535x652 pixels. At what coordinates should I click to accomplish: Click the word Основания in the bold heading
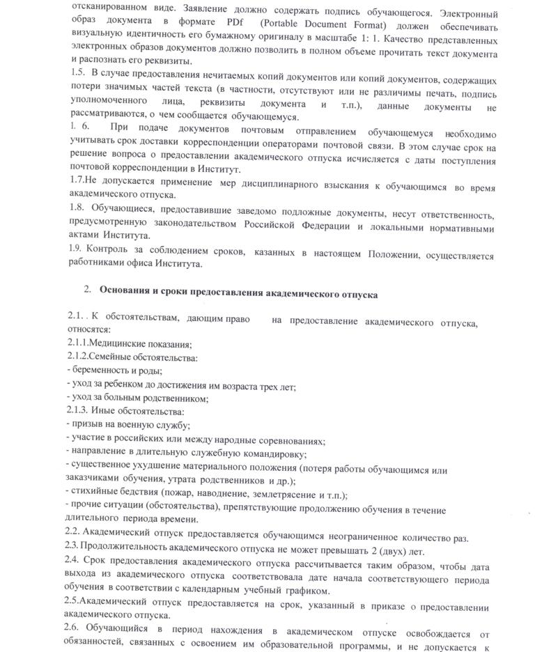click(x=126, y=295)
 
